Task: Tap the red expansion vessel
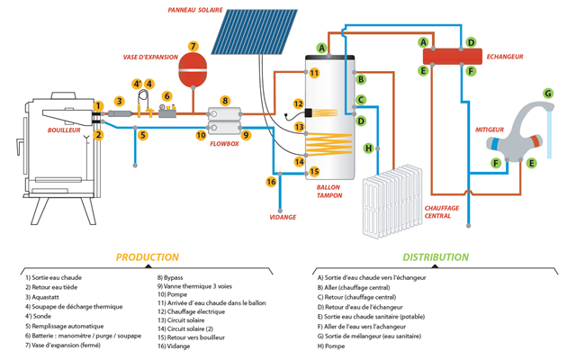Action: tap(193, 70)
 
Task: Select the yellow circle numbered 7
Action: tap(193, 46)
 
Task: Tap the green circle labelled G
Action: tap(546, 94)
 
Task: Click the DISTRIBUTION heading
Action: tap(435, 257)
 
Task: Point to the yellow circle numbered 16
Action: tap(271, 182)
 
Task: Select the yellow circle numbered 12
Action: tap(299, 104)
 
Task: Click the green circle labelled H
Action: tap(367, 148)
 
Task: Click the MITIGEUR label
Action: tap(489, 130)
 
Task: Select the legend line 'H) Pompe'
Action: tap(335, 346)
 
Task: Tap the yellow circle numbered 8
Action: tap(225, 101)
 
